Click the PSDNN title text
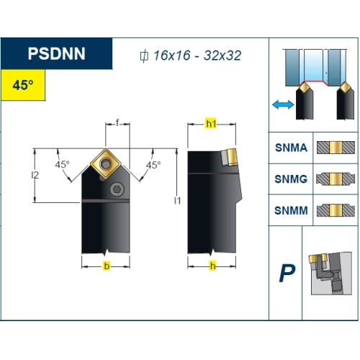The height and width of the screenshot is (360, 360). pyautogui.click(x=56, y=53)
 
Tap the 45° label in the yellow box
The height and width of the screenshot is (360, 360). pyautogui.click(x=23, y=85)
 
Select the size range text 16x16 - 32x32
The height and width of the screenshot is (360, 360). pyautogui.click(x=197, y=55)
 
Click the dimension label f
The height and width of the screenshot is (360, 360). pyautogui.click(x=117, y=122)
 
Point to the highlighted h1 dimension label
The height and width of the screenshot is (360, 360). pyautogui.click(x=211, y=124)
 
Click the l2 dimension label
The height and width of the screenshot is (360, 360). pyautogui.click(x=35, y=175)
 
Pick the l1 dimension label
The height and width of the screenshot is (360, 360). pyautogui.click(x=177, y=200)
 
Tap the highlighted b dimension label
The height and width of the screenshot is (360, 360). pyautogui.click(x=107, y=266)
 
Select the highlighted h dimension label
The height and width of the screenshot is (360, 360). pyautogui.click(x=212, y=266)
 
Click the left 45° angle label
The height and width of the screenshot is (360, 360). pyautogui.click(x=62, y=165)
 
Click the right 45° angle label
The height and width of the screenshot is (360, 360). pyautogui.click(x=153, y=165)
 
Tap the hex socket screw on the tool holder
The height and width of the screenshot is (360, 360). pyautogui.click(x=117, y=189)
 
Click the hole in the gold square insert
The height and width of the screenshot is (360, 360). pyautogui.click(x=105, y=163)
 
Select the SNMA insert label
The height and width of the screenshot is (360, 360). pyautogui.click(x=291, y=148)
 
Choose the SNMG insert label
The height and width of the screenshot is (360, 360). pyautogui.click(x=291, y=179)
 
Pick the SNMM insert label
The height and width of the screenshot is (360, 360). pyautogui.click(x=291, y=210)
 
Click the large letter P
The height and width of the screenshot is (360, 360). pyautogui.click(x=287, y=273)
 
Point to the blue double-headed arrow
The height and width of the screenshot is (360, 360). pyautogui.click(x=283, y=104)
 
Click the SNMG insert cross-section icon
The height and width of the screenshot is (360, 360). pyautogui.click(x=336, y=179)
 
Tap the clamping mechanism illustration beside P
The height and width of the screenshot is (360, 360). pyautogui.click(x=330, y=274)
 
